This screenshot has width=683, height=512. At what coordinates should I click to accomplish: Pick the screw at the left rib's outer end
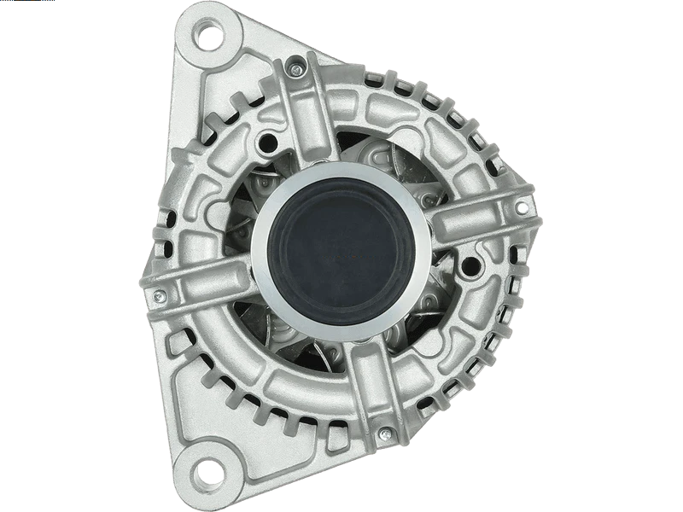159,295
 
